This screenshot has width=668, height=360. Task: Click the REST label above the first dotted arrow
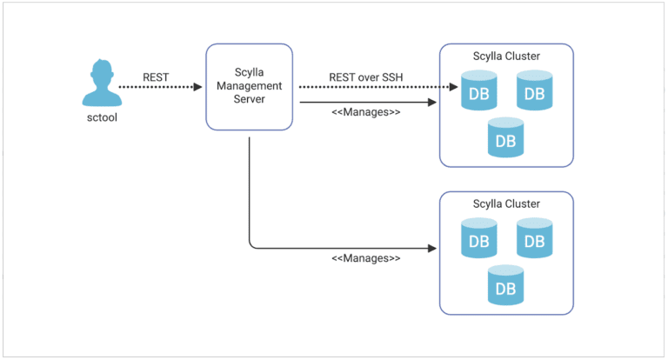156,77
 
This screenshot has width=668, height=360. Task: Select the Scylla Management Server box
248,87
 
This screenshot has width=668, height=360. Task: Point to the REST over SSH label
366,77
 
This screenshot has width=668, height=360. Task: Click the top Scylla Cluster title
506,57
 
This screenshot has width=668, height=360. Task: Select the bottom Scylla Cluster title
506,204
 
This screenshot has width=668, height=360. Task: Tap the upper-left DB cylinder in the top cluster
478,91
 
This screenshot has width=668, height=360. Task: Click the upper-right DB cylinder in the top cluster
534,91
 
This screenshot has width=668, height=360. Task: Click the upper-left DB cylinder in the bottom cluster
478,239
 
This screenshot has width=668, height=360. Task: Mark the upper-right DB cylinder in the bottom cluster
534,239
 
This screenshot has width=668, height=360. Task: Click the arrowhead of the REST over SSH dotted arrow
453,87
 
